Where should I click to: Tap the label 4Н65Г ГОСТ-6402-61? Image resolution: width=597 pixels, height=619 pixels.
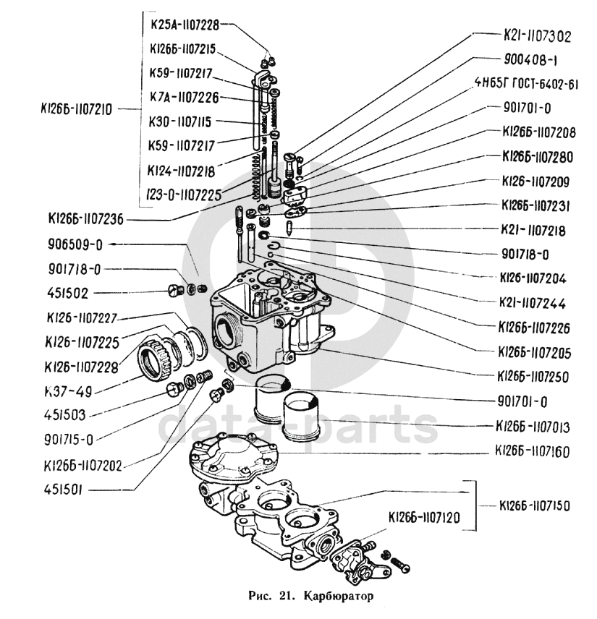[x=526, y=84]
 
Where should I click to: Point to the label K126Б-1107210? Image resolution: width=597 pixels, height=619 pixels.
[x=76, y=109]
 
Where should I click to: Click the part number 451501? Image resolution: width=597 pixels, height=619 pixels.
[x=64, y=490]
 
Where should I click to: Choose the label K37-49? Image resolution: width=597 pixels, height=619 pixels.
[x=69, y=392]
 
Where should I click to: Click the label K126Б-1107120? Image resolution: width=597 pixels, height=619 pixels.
[x=424, y=517]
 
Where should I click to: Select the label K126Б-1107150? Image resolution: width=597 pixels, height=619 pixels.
[x=535, y=505]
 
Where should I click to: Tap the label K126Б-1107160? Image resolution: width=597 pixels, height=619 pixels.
[x=532, y=451]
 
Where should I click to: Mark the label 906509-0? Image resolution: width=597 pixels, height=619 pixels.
[x=75, y=244]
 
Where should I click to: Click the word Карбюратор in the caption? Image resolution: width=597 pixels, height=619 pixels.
[x=338, y=595]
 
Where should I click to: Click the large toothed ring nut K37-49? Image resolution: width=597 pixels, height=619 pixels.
[x=154, y=359]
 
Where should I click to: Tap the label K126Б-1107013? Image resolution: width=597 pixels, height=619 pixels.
[x=533, y=427]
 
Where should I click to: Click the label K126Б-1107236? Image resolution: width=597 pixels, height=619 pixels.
[x=85, y=219]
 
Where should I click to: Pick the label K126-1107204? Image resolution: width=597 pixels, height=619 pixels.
[x=533, y=278]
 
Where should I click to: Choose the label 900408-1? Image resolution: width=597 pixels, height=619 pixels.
[x=530, y=60]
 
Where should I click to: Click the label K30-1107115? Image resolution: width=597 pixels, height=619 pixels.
[x=179, y=121]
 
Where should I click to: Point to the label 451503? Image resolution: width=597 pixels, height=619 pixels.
[x=65, y=415]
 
